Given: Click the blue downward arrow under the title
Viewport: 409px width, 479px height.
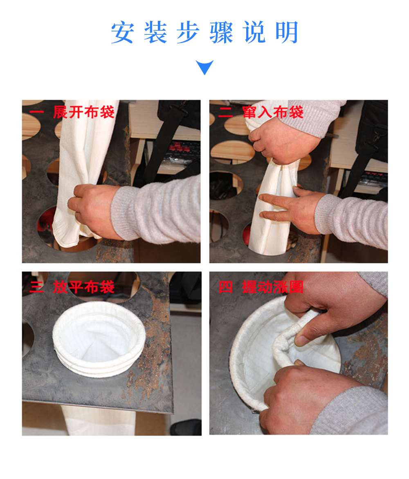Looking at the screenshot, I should click(x=204, y=67).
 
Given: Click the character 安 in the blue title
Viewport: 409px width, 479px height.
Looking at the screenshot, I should click(x=122, y=32).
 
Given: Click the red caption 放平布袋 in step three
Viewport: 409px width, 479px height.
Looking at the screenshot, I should click(x=83, y=287).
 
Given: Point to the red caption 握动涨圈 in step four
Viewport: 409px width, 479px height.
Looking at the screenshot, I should click(x=272, y=287).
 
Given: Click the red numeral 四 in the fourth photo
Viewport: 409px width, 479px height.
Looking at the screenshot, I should click(x=225, y=287).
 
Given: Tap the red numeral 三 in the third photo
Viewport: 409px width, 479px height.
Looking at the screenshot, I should click(x=37, y=287).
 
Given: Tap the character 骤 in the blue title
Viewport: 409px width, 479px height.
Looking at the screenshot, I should click(x=221, y=32).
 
